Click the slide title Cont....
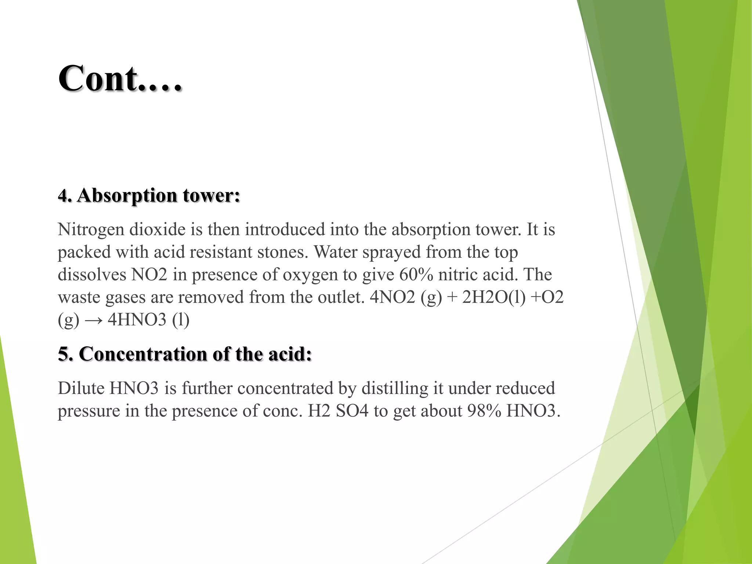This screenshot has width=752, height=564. tap(120, 79)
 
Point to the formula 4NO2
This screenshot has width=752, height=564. tap(392, 297)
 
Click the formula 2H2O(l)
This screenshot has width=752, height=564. tap(493, 297)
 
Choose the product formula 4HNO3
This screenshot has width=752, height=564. tap(137, 320)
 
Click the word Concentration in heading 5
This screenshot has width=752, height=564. tap(143, 354)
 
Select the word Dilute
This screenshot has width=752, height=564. tap(81, 388)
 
